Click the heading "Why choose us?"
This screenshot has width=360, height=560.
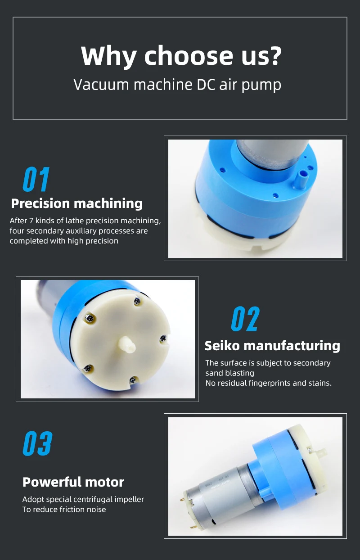181,56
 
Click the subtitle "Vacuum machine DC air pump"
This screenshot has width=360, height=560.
177,85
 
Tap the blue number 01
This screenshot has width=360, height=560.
36,179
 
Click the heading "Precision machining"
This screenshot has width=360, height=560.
76,203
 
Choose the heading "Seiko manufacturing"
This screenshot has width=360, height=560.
272,346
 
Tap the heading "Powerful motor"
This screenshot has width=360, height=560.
73,482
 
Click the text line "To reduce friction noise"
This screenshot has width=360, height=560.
64,509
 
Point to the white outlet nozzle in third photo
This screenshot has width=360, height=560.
320,449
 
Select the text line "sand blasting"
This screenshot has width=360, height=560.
229,373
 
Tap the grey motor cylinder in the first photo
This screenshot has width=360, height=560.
261,155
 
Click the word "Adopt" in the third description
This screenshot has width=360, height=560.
33,499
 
